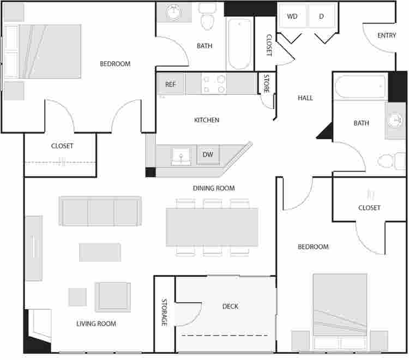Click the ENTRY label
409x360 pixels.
coord(387,35)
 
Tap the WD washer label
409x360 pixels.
coord(292,16)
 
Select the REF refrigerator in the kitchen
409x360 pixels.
coord(171,84)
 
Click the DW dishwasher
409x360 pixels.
coord(208,155)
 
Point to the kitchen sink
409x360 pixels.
coord(181,157)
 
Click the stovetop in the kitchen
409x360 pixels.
coord(214,83)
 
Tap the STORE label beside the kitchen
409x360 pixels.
coord(267,83)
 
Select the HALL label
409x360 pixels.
coord(305,98)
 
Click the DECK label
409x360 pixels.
coord(230,306)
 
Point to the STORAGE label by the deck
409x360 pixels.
coord(164,312)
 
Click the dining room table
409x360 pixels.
coord(212,227)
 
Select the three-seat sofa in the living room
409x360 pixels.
coord(100,211)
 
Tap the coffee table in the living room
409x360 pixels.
coord(100,252)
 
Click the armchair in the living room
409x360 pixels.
coord(113,297)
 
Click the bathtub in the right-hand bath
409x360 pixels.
coord(360,87)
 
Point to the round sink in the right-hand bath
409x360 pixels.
coord(394,120)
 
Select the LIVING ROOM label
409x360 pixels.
coord(96,324)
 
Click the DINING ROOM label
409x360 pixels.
coord(214,188)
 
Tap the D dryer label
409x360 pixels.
coord(321,16)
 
